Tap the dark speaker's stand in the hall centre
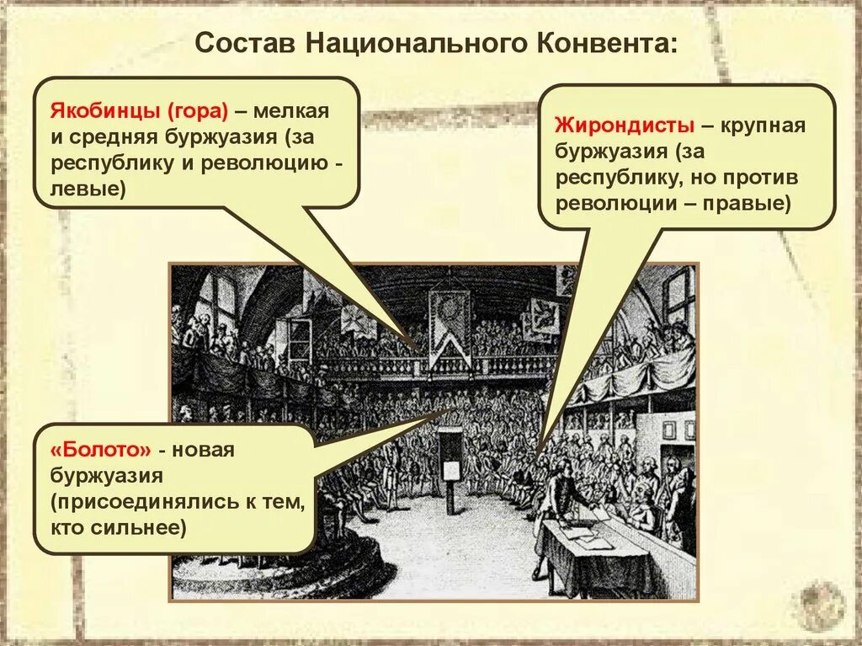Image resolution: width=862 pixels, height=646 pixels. click(x=452, y=467)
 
